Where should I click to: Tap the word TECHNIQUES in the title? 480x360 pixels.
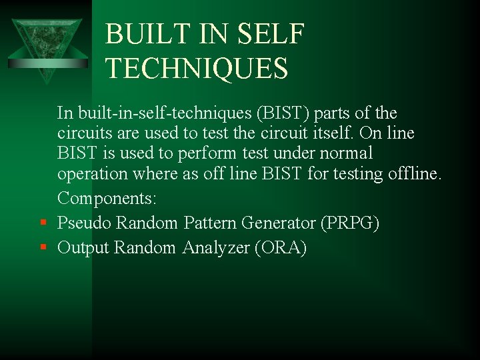click(197, 69)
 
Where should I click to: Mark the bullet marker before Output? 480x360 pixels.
click(42, 248)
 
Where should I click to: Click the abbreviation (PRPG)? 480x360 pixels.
click(350, 223)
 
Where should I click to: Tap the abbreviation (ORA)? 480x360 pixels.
click(280, 248)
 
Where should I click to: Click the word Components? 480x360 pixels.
click(107, 199)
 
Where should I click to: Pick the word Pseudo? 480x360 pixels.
click(85, 223)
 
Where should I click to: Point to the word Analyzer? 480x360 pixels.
click(215, 248)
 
